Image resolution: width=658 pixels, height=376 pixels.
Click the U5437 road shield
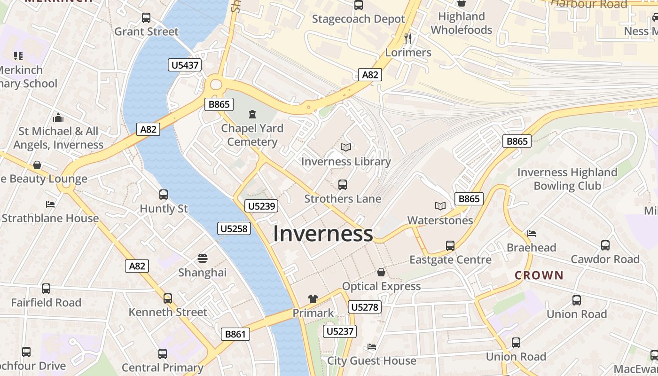[185, 65]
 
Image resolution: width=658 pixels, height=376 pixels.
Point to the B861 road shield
[235, 334]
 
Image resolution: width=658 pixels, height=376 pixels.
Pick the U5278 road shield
[365, 307]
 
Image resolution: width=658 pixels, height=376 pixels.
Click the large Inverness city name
[323, 234]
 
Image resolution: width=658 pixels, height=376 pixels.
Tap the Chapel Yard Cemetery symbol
[252, 114]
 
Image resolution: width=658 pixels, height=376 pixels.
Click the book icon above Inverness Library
[346, 148]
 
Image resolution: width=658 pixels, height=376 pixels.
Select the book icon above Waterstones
[440, 206]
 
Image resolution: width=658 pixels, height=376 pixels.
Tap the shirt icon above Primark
[313, 298]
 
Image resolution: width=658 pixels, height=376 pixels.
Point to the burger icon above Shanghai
[203, 258]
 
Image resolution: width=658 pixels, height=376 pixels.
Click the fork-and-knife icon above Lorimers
[408, 38]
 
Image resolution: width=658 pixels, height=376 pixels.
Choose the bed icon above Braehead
[531, 233]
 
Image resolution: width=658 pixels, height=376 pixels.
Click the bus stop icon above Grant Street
[146, 18]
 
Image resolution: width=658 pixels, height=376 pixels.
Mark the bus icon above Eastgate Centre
[450, 245]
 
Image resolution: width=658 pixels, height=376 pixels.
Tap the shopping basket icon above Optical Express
[381, 272]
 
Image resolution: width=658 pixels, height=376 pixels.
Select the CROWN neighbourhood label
[539, 275]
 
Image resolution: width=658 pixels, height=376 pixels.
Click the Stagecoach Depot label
[358, 19]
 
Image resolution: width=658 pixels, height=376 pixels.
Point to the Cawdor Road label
[605, 259]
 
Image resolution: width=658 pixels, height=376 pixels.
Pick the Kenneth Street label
[168, 312]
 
